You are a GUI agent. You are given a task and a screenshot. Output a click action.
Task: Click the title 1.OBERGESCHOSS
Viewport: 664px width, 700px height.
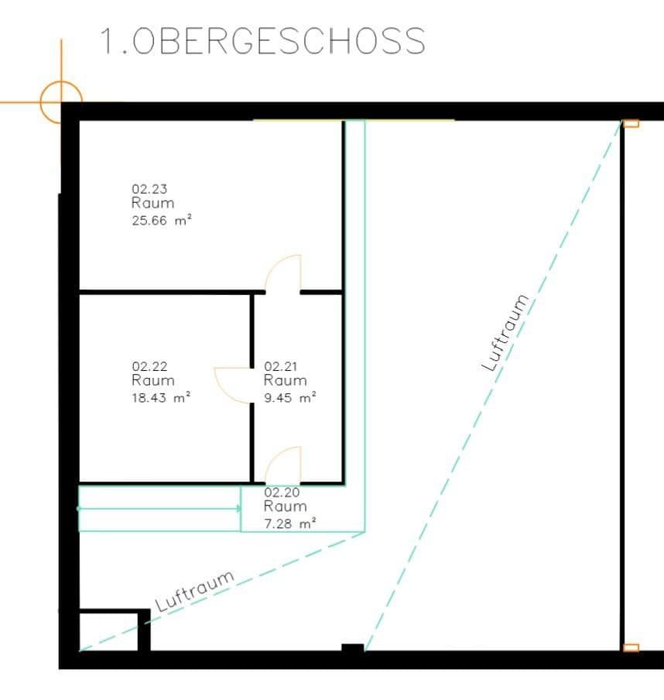coord(262,40)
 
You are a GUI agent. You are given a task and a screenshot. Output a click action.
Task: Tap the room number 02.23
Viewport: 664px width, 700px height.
coord(149,188)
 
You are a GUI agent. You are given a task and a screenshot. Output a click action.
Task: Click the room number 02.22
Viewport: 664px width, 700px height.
coord(149,366)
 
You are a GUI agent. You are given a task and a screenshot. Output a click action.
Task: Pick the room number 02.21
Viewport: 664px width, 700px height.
coord(282,366)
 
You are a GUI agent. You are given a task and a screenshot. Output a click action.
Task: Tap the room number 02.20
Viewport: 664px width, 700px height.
coord(282,492)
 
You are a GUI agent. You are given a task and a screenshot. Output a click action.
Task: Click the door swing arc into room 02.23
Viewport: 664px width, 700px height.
coord(282,273)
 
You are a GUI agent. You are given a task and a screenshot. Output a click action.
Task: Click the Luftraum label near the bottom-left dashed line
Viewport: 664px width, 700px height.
coord(195,592)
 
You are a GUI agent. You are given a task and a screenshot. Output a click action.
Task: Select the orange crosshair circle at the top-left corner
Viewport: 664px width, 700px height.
coord(61,101)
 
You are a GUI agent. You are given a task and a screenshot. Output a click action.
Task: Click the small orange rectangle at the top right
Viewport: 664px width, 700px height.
coord(631,123)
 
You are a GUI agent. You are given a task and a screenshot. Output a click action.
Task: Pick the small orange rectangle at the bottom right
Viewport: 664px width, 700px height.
coord(631,647)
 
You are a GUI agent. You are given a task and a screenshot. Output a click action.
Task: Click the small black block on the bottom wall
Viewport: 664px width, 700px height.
coord(352,648)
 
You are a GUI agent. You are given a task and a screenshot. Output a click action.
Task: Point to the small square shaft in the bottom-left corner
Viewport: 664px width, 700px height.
coord(109,631)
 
